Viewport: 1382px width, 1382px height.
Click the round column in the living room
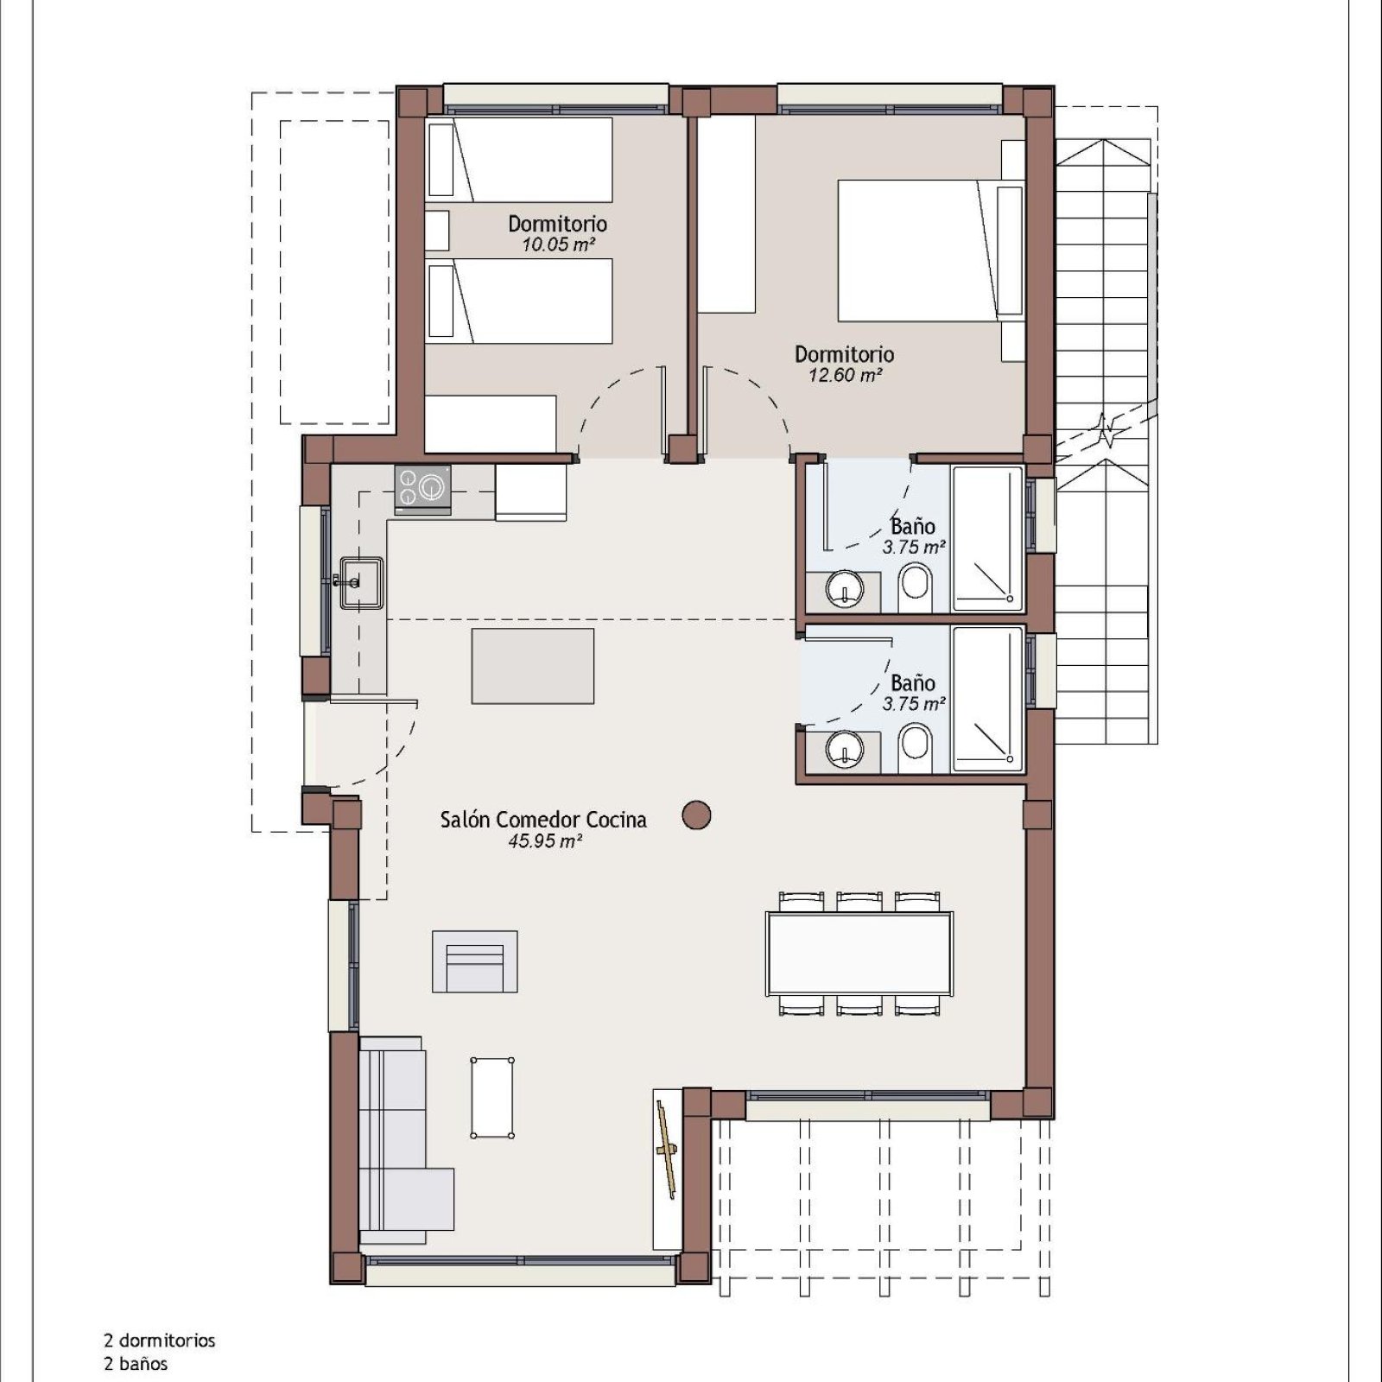pyautogui.click(x=696, y=815)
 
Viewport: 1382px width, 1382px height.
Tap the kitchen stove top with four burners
pyautogui.click(x=422, y=490)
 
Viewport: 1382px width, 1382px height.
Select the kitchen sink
pyautogui.click(x=361, y=583)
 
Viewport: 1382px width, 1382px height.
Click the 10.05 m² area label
pyautogui.click(x=558, y=244)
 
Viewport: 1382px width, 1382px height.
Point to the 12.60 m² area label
pyautogui.click(x=845, y=375)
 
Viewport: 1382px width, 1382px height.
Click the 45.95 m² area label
pyautogui.click(x=544, y=840)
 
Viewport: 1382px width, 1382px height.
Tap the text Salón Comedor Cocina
pyautogui.click(x=543, y=820)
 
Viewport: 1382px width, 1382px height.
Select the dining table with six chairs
pyautogui.click(x=859, y=954)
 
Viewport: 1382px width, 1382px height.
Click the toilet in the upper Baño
pyautogui.click(x=916, y=586)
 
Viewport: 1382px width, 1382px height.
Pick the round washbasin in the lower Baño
pyautogui.click(x=844, y=748)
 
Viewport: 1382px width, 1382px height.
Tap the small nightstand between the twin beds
pyautogui.click(x=437, y=231)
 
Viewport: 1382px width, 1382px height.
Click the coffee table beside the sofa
pyautogui.click(x=492, y=1097)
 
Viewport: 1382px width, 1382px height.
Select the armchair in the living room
pyautogui.click(x=475, y=961)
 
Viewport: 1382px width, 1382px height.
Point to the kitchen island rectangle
pyautogui.click(x=533, y=666)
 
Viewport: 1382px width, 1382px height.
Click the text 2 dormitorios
pyautogui.click(x=160, y=1341)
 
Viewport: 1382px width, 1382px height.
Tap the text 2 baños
pyautogui.click(x=136, y=1364)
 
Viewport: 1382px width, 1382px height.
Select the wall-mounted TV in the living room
pyautogui.click(x=666, y=1150)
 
